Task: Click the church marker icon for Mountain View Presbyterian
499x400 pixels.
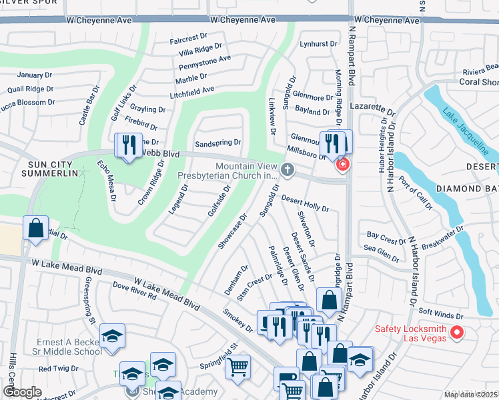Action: (288, 170)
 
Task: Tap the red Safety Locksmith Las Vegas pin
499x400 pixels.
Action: (457, 332)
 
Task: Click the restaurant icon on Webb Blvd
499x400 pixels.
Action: (129, 145)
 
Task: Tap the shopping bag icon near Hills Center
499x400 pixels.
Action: (35, 227)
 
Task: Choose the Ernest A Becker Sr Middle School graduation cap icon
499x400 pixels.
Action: (112, 337)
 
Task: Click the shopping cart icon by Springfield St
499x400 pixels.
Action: (237, 366)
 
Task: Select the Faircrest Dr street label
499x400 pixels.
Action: (190, 39)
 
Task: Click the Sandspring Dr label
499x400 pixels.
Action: (217, 143)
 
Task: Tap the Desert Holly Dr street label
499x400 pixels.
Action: (305, 204)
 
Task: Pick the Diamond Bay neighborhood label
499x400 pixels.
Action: (467, 189)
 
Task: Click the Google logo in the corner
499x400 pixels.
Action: (22, 392)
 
